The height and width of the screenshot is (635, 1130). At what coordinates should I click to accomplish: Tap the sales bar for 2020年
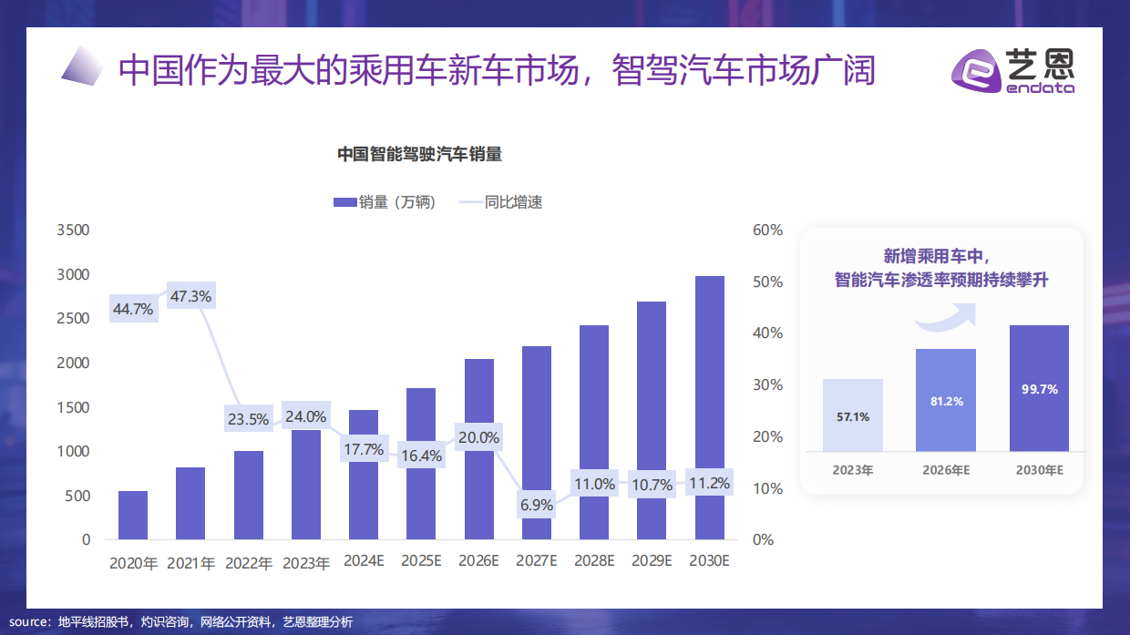click(133, 515)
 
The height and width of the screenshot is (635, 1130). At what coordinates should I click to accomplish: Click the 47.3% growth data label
click(190, 296)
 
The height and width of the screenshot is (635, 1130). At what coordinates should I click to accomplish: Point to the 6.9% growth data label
click(537, 504)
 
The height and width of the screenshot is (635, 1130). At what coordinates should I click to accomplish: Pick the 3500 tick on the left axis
click(73, 230)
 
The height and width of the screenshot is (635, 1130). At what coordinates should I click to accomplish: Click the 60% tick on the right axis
click(767, 230)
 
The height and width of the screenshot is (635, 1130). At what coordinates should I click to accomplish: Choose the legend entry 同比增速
click(500, 202)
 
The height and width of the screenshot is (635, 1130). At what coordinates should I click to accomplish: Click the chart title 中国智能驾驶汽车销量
click(420, 155)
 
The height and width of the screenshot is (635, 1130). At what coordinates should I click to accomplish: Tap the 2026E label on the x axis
click(478, 561)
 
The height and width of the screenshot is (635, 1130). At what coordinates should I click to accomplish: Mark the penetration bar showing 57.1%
click(852, 415)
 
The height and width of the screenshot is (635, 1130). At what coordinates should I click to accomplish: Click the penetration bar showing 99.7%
click(1039, 388)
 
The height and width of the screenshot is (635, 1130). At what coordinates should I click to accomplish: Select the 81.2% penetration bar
click(945, 400)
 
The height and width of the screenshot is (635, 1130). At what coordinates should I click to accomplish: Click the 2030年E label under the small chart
click(1039, 470)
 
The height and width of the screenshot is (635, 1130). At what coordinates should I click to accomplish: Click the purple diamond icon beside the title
click(83, 67)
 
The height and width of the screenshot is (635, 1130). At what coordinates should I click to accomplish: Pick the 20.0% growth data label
click(478, 438)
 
